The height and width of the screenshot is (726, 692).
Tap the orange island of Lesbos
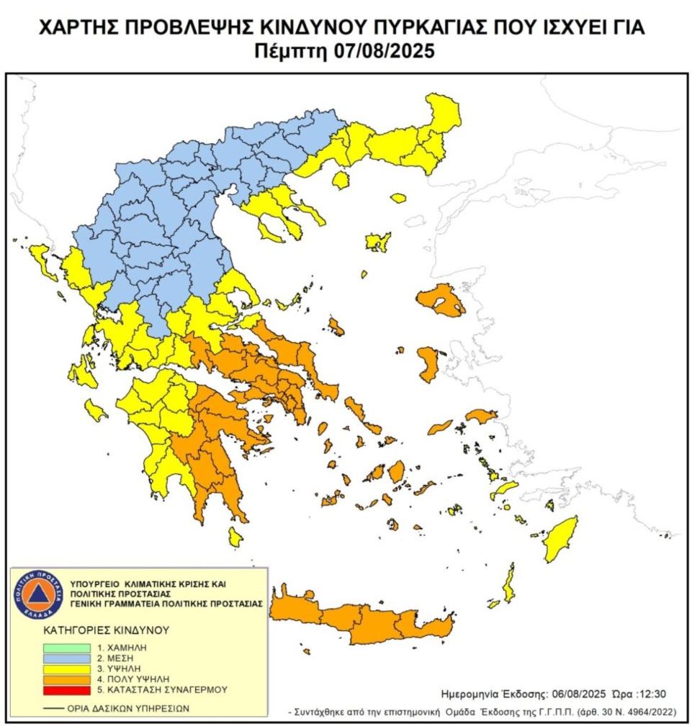pos(441,300)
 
